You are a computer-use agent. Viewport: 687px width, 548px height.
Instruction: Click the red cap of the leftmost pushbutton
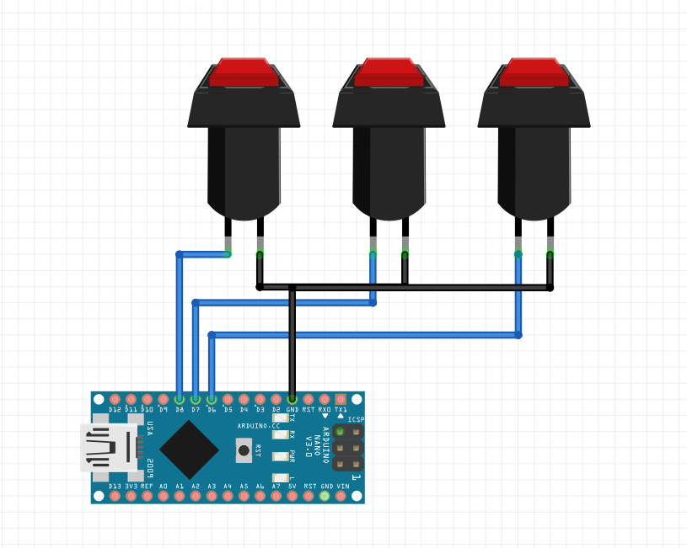[244, 72]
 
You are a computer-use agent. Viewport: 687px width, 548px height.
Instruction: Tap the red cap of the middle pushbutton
[389, 72]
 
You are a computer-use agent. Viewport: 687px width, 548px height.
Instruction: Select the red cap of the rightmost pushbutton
[534, 72]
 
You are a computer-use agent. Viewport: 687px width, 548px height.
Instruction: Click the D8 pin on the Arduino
[180, 399]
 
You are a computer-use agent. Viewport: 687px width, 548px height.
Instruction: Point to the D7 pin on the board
[196, 399]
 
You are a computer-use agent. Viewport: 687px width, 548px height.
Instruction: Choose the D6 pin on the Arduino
[212, 399]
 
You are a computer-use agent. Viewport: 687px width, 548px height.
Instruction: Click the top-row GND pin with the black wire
[293, 399]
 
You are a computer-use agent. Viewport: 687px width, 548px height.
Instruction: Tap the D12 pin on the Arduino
[115, 399]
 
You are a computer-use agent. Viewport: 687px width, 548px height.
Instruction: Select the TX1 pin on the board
[341, 399]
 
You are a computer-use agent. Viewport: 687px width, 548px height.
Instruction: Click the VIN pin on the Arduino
[341, 496]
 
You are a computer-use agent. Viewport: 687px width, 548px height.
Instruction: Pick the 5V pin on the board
[293, 496]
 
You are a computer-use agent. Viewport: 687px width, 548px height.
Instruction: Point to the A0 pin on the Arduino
[164, 496]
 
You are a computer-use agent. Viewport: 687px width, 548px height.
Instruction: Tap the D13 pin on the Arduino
[115, 496]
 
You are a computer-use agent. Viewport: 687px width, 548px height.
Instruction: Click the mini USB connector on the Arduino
[108, 447]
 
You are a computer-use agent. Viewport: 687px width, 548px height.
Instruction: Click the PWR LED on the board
[280, 456]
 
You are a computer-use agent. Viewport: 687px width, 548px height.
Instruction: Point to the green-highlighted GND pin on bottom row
[325, 496]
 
